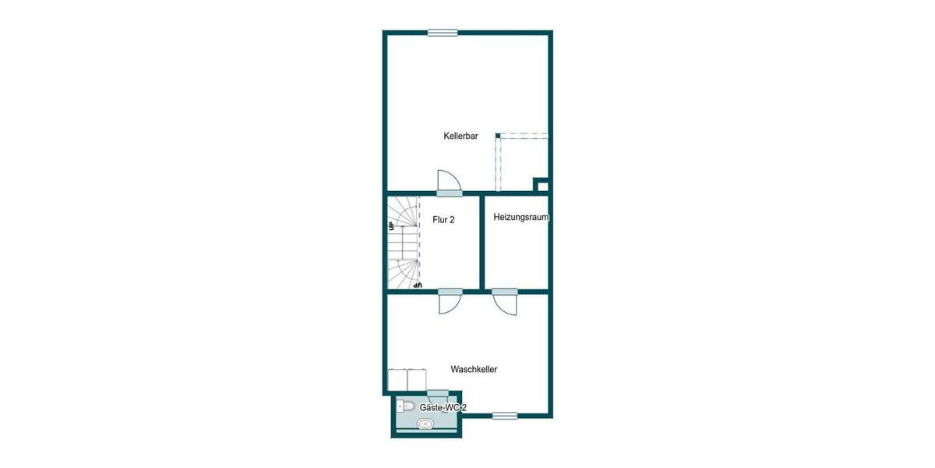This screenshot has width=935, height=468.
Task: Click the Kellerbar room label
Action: pyautogui.click(x=460, y=136)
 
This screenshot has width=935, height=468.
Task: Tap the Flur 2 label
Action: pyautogui.click(x=443, y=220)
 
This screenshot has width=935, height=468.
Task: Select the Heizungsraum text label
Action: pyautogui.click(x=521, y=218)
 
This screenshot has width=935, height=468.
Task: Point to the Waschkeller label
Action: pyautogui.click(x=474, y=369)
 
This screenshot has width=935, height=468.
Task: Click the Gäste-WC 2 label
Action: pyautogui.click(x=443, y=408)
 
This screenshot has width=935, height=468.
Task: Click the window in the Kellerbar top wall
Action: pyautogui.click(x=443, y=32)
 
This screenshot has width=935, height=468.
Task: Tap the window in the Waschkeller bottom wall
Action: pyautogui.click(x=505, y=416)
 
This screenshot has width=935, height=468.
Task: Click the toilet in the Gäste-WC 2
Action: pyautogui.click(x=405, y=406)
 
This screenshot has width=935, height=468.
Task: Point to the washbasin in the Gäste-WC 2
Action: pyautogui.click(x=425, y=424)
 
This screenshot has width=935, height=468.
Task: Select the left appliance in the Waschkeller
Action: pyautogui.click(x=397, y=379)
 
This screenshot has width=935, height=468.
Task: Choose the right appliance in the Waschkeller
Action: pyautogui.click(x=417, y=379)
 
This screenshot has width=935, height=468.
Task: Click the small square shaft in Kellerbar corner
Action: pyautogui.click(x=542, y=186)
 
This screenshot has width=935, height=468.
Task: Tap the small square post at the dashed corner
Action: pyautogui.click(x=498, y=136)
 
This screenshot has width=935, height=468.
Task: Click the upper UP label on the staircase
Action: pyautogui.click(x=391, y=226)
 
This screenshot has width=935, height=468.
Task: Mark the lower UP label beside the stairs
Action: pyautogui.click(x=418, y=285)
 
